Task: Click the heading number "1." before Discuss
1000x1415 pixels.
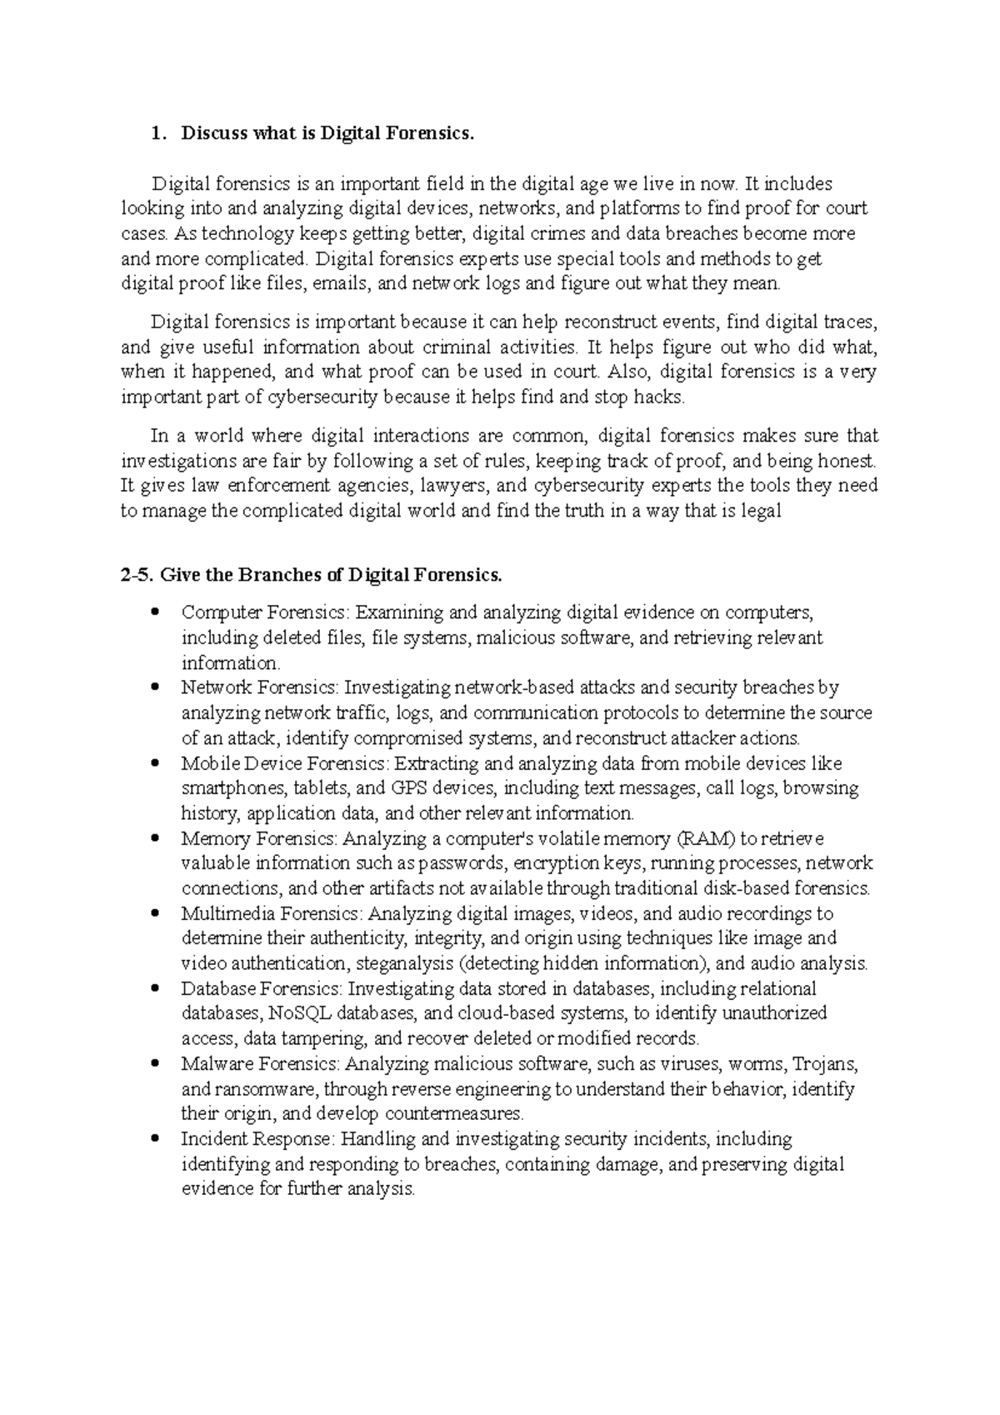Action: pos(157,133)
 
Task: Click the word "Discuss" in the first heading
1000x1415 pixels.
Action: pos(214,133)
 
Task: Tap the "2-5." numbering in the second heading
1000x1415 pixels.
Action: pos(137,575)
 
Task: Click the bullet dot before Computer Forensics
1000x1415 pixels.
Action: pos(155,613)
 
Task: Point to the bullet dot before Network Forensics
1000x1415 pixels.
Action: pos(155,688)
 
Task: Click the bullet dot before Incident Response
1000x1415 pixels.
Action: pos(155,1139)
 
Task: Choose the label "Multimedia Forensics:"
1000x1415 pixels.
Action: pos(272,914)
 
